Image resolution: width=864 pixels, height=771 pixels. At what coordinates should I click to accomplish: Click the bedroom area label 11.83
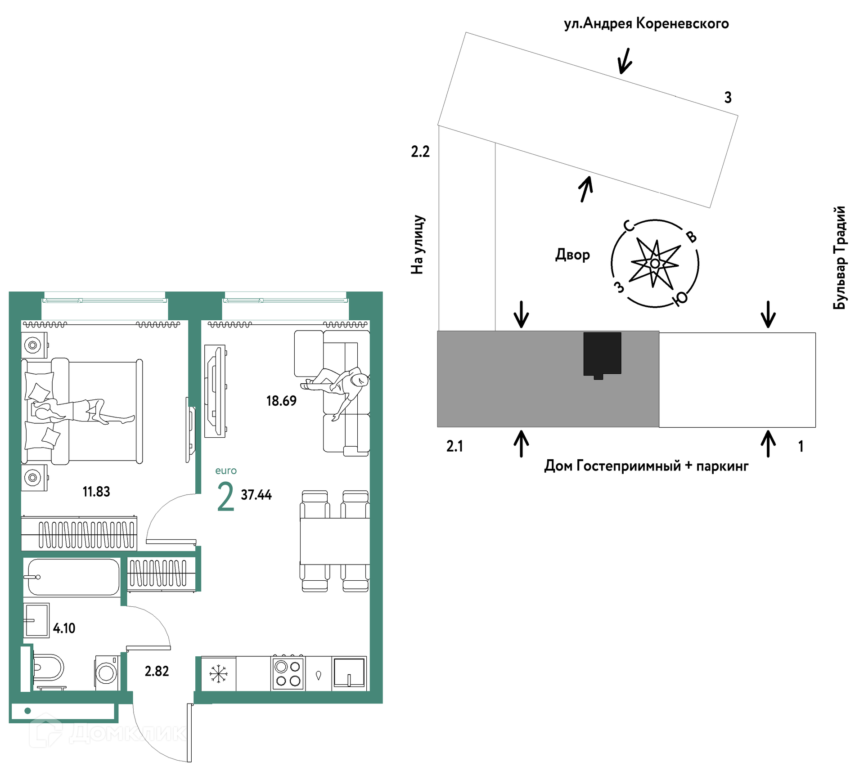96,492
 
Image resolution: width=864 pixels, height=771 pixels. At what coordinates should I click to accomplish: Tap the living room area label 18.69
281,401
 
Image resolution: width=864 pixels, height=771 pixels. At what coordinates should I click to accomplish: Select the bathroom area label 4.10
64,628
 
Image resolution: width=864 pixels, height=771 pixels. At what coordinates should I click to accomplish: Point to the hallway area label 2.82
157,671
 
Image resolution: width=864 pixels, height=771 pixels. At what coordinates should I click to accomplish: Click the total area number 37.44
256,495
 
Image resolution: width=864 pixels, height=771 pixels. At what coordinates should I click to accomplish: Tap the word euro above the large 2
226,471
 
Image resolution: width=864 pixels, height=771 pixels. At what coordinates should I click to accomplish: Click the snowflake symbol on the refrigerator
218,674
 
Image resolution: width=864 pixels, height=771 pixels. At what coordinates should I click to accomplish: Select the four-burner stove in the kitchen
288,673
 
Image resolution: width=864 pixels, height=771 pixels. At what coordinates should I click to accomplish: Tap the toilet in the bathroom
47,667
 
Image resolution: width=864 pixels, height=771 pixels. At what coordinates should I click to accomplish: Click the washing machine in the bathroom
107,672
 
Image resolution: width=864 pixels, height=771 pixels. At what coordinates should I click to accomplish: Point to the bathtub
72,577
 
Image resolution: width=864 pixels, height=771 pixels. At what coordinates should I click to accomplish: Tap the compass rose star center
655,264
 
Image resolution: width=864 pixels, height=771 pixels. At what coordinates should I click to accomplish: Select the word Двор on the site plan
572,255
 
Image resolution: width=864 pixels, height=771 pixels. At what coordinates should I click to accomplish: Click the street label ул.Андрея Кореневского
646,23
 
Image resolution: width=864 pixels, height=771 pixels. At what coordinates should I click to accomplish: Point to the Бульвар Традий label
840,258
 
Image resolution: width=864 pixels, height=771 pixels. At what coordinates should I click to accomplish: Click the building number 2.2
420,152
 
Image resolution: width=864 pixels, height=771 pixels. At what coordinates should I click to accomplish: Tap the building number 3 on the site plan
728,97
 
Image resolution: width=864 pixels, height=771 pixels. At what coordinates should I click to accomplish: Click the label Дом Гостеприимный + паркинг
646,466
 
